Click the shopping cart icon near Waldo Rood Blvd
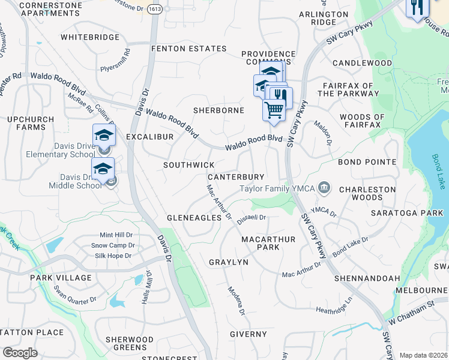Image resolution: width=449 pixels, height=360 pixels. [274, 110]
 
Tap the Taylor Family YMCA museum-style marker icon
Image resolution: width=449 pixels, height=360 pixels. [324, 188]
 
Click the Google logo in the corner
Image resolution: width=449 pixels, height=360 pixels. [20, 353]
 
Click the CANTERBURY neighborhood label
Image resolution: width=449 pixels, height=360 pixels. [236, 177]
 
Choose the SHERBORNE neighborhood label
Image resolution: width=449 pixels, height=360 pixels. [218, 110]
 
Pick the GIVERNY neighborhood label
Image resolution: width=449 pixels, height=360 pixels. [248, 334]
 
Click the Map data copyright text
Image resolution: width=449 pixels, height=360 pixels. [424, 355]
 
